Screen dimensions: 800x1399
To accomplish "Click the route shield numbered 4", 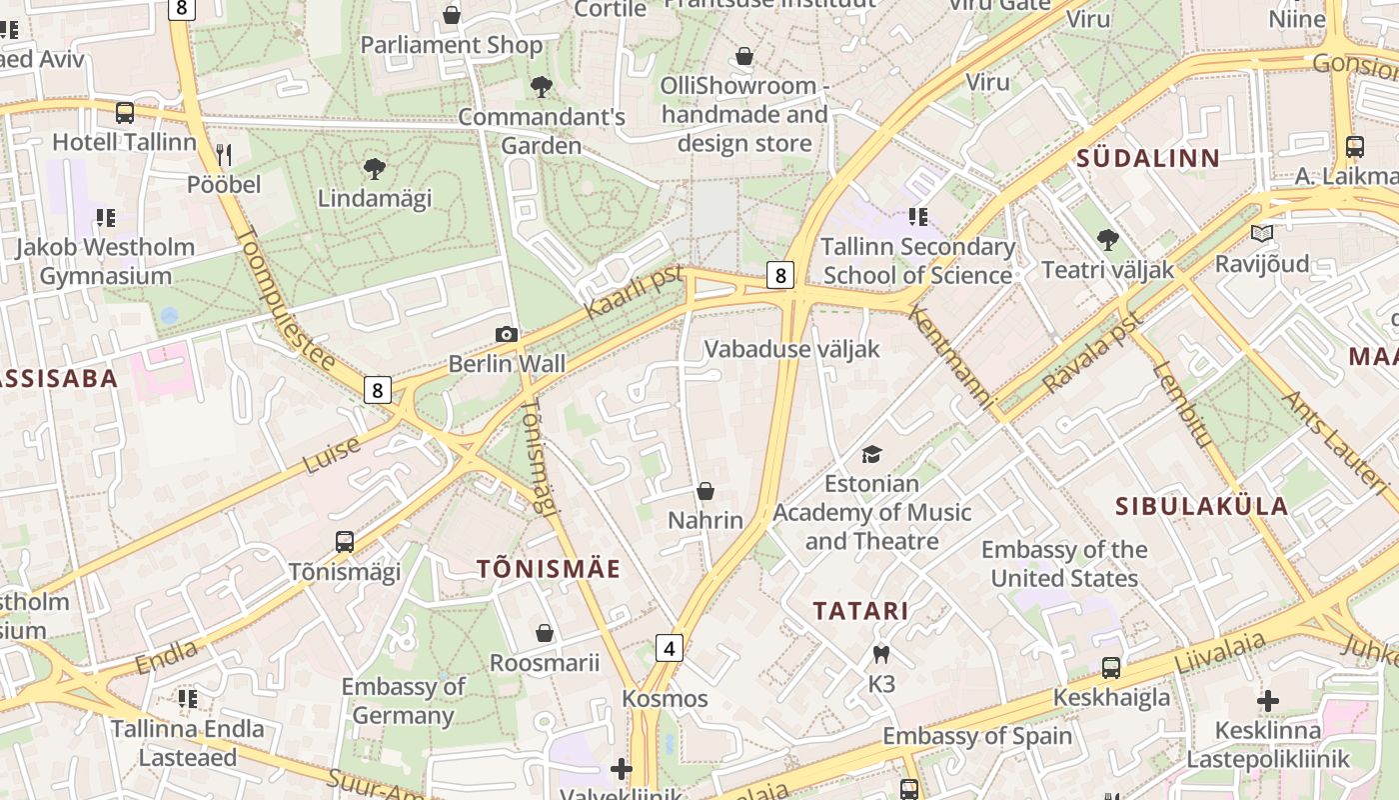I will click(x=670, y=648).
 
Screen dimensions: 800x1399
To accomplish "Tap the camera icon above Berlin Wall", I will click(x=507, y=335).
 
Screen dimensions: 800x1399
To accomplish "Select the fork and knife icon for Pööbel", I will click(x=224, y=154).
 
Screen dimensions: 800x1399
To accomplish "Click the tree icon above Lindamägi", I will click(x=375, y=168).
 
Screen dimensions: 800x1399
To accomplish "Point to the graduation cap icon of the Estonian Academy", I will click(x=872, y=454).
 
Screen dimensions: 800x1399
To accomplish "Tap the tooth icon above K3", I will click(x=880, y=655).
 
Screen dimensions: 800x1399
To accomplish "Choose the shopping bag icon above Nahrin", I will click(x=705, y=491).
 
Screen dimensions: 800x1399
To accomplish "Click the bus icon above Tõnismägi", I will click(x=345, y=542).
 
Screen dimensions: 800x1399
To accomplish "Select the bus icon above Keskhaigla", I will click(x=1111, y=668).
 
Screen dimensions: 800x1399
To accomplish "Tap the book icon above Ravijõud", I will click(x=1262, y=234).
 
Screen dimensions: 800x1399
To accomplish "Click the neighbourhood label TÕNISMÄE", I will click(x=549, y=570).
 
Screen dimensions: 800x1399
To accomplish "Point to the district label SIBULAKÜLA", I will click(x=1201, y=506).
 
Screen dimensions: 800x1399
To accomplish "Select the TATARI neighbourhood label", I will click(x=860, y=611).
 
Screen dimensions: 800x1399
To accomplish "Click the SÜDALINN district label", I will click(x=1148, y=158).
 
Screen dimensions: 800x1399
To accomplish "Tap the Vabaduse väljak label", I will click(x=792, y=349).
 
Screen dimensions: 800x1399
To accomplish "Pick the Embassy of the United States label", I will click(x=1064, y=564).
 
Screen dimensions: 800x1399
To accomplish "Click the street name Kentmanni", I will click(x=952, y=357).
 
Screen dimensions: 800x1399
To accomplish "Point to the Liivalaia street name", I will click(x=1219, y=652).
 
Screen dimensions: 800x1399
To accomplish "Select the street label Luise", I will click(x=332, y=455).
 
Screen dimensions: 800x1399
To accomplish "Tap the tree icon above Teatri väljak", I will click(x=1107, y=240).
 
